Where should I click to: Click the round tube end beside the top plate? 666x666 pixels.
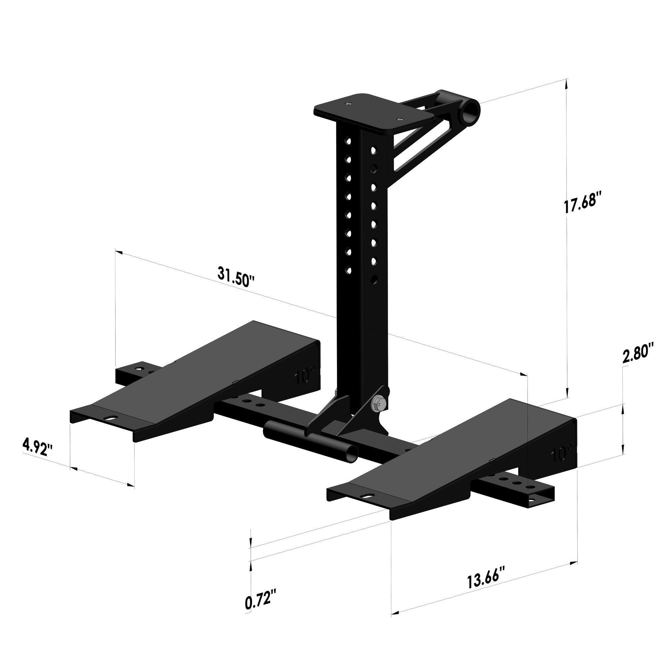tap(471, 111)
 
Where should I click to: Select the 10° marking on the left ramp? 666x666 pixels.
tap(305, 377)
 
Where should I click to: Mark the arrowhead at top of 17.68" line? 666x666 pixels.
tap(566, 81)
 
